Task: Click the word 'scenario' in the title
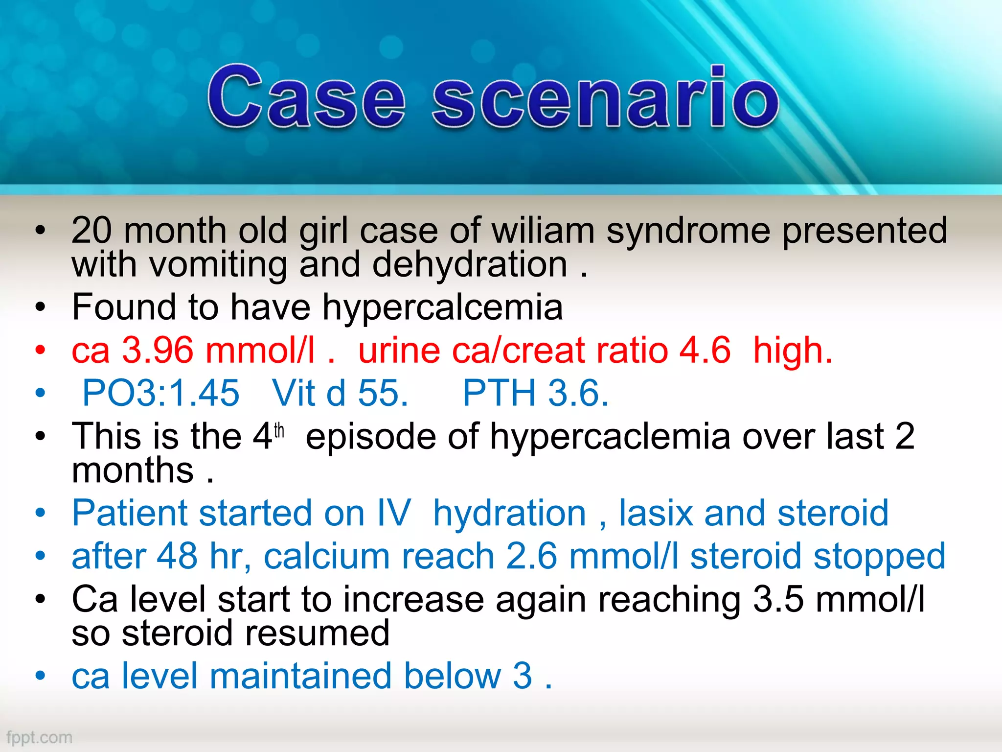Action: (605, 97)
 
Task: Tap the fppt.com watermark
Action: (39, 737)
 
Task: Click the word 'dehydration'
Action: (470, 265)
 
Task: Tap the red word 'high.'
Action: (793, 351)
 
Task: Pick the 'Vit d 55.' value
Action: (340, 393)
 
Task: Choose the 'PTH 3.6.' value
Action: (536, 393)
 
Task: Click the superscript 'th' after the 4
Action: (279, 430)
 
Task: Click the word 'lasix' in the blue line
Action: (656, 514)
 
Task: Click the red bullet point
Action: (40, 351)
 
